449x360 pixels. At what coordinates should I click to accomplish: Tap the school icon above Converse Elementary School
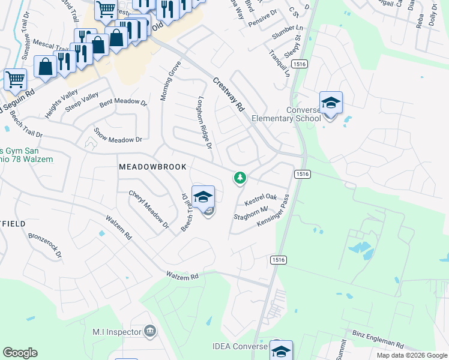click(x=331, y=103)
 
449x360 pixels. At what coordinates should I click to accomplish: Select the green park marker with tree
click(x=240, y=178)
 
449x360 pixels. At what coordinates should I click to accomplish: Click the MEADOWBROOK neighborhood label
click(x=152, y=166)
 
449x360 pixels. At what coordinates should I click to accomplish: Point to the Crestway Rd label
click(x=229, y=94)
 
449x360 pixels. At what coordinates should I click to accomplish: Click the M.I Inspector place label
click(x=116, y=331)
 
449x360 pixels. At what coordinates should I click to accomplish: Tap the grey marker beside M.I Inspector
click(x=150, y=331)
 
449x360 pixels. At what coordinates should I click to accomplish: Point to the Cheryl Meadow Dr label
click(x=148, y=209)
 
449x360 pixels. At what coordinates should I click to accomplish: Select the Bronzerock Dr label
click(x=45, y=245)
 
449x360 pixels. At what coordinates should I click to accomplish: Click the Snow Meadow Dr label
click(x=118, y=135)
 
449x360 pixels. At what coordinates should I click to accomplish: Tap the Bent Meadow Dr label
click(x=123, y=103)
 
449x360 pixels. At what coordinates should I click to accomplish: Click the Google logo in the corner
click(x=20, y=353)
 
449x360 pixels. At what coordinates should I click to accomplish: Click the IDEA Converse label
click(x=239, y=347)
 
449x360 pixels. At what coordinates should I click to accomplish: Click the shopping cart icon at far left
click(x=15, y=79)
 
